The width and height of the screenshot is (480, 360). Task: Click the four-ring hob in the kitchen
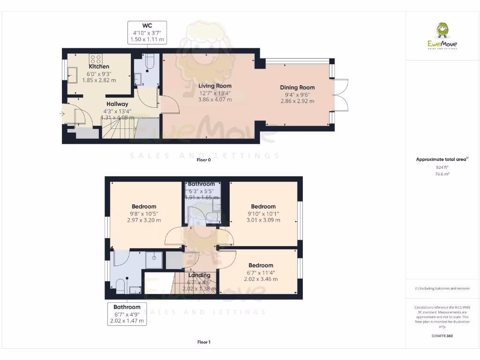pos(96,59)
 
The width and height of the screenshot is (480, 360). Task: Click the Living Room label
pos(215,86)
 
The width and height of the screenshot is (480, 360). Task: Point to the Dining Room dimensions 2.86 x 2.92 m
pos(297,101)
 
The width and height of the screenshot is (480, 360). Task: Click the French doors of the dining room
pos(342,95)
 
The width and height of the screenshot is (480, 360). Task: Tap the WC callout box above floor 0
pos(147,32)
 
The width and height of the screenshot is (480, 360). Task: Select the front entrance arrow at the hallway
pos(62,113)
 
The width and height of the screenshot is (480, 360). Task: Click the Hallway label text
pos(117,104)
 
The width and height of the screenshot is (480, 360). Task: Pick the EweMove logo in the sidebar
pos(442,36)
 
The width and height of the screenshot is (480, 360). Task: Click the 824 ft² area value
pos(442,167)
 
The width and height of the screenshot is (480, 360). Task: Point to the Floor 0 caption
pos(204,160)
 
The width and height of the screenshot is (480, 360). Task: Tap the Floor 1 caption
pos(204,342)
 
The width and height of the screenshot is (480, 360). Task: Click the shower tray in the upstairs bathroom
pos(154,259)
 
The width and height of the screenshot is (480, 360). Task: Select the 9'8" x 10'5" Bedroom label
pos(144,206)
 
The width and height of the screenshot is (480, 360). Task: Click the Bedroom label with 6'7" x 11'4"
pos(261,265)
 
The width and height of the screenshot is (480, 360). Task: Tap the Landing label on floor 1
pos(199,275)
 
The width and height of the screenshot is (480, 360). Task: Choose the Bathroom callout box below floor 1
pos(127,314)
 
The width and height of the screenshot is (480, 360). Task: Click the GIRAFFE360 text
pos(442,336)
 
